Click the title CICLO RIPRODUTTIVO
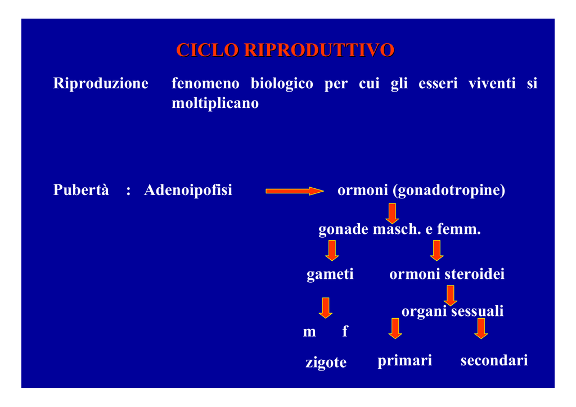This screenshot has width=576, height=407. [x=285, y=50]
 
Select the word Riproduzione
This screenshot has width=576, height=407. [x=101, y=84]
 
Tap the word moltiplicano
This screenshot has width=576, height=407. [x=215, y=103]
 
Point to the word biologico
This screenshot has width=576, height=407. [x=282, y=84]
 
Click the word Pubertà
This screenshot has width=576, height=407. [x=81, y=190]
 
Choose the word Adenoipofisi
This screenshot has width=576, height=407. [x=188, y=190]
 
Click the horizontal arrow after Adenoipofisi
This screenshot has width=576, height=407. [x=295, y=191]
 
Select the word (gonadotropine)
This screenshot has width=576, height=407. [x=449, y=190]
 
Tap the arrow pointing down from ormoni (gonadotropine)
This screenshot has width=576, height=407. [x=392, y=213]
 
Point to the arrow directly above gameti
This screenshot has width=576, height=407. [x=332, y=251]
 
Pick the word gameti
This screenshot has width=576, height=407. [x=330, y=274]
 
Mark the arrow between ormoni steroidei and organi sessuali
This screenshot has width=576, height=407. [x=451, y=296]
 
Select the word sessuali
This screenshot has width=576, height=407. [x=477, y=311]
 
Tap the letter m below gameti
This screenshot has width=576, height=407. [x=309, y=332]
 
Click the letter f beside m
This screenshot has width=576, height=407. [x=345, y=331]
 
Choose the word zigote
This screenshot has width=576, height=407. [x=326, y=363]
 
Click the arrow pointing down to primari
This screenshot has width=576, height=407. [x=395, y=328]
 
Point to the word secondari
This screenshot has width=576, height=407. [x=494, y=360]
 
